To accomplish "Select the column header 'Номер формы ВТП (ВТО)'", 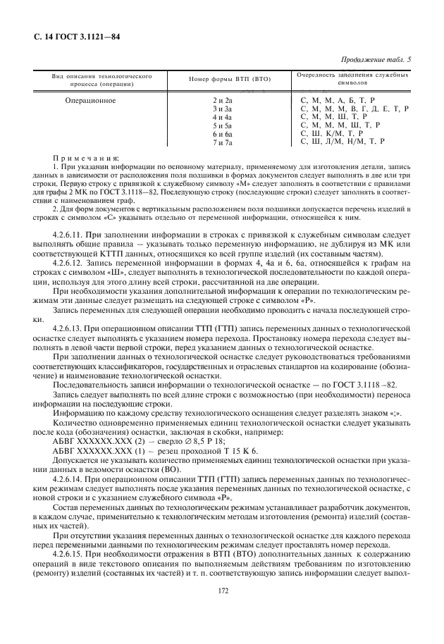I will pos(230,78).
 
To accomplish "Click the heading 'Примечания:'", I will pos(86,159).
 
